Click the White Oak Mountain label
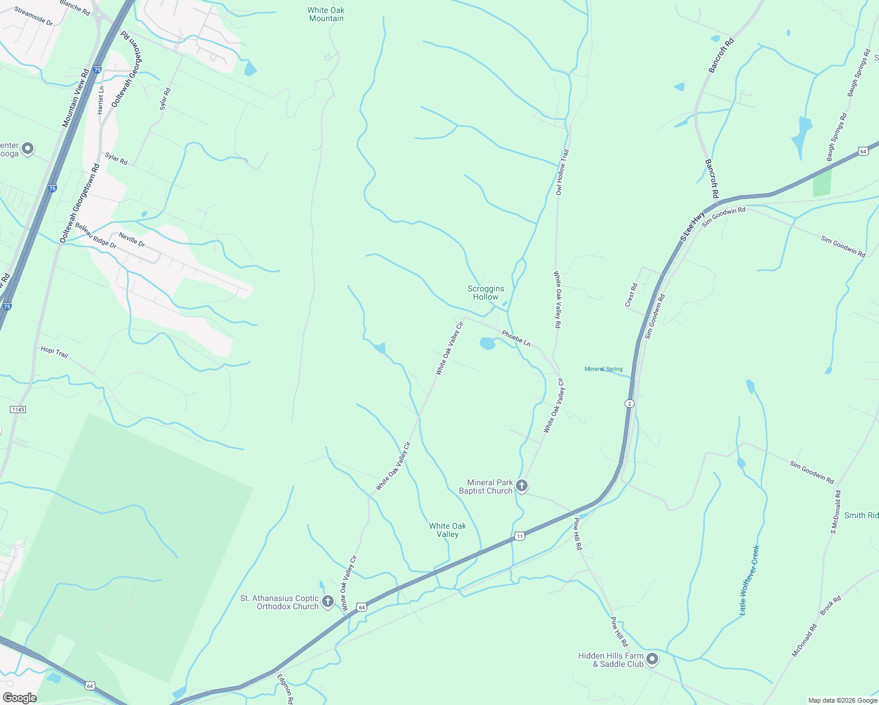326,14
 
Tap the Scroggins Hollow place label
486,293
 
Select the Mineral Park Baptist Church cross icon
522,486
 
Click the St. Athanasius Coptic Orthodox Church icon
328,602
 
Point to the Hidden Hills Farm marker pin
652,660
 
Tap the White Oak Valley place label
448,530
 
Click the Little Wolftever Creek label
749,580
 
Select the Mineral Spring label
603,369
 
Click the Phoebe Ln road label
516,338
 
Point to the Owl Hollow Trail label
562,172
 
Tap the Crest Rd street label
631,295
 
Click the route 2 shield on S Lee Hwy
629,404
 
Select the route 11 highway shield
519,536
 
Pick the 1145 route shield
18,409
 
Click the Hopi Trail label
55,351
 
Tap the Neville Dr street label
132,239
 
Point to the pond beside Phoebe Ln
488,343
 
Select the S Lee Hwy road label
692,227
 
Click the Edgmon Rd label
285,689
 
